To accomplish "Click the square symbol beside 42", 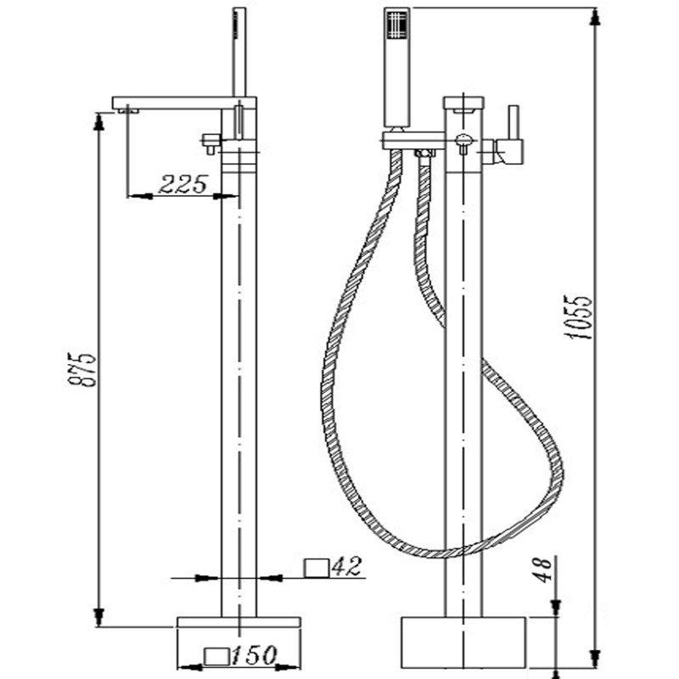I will click(316, 567).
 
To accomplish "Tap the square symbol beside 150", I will click(216, 655).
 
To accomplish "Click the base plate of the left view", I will click(238, 622).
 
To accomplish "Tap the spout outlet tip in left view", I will click(126, 109).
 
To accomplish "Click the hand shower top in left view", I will click(239, 17).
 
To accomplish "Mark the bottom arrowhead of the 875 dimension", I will click(100, 618).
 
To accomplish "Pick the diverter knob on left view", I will click(206, 142).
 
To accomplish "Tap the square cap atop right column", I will click(463, 104).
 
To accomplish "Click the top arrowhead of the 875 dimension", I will click(100, 121).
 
